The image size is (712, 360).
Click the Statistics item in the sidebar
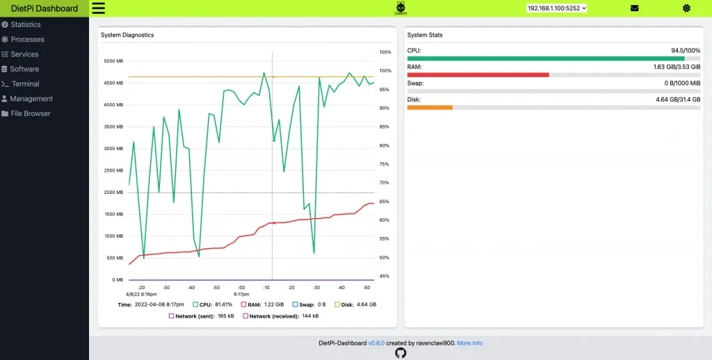(x=26, y=24)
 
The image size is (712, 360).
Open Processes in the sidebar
(x=27, y=40)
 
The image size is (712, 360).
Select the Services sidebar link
(x=24, y=54)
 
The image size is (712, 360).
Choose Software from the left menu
(x=24, y=69)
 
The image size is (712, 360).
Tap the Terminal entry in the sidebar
(x=25, y=84)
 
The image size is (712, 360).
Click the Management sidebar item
(x=31, y=99)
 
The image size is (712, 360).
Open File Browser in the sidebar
(x=31, y=113)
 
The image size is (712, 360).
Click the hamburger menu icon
(x=98, y=8)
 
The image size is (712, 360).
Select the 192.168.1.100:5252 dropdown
(x=556, y=8)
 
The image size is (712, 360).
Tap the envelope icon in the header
(x=634, y=8)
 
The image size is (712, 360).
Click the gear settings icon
(x=686, y=8)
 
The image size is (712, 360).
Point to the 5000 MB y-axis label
(x=113, y=61)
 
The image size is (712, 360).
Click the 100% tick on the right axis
(x=385, y=71)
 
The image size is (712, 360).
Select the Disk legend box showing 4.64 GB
(x=338, y=304)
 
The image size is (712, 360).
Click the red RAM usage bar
(x=478, y=74)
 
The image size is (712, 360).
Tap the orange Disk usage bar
(x=430, y=107)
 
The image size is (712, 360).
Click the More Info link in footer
(x=469, y=343)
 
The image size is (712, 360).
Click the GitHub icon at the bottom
(x=400, y=353)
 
